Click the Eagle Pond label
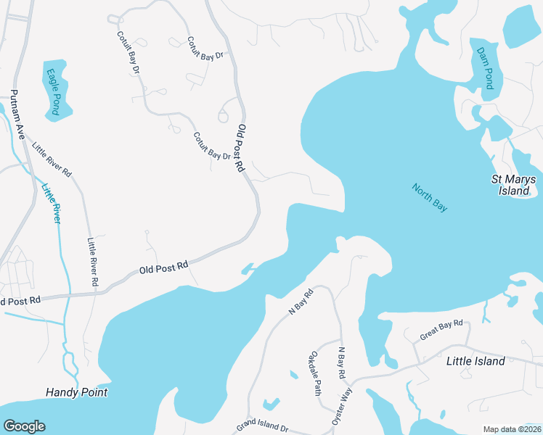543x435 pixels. tap(53, 91)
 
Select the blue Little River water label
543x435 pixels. tap(51, 202)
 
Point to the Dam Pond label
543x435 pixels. tap(484, 68)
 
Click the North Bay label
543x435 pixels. tap(430, 198)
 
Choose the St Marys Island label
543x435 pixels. tap(513, 185)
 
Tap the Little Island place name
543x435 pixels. tap(475, 361)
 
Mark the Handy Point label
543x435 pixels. tap(76, 392)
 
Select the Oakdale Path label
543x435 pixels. tap(316, 373)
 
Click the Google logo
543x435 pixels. tap(24, 426)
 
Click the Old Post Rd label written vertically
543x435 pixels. tap(240, 148)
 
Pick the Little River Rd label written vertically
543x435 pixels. tap(92, 260)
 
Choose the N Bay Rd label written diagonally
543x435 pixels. tap(300, 301)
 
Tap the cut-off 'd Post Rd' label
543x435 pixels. tap(21, 299)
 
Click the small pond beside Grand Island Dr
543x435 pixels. tap(271, 403)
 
